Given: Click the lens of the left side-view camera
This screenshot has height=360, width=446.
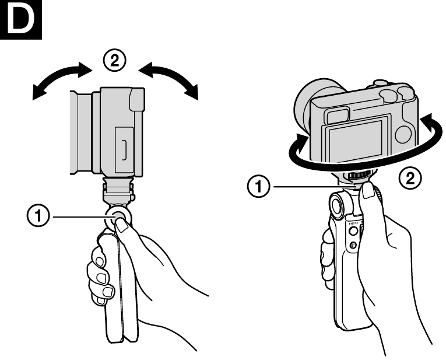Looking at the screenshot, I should [x=82, y=131].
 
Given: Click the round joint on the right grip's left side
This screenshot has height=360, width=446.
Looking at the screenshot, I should [x=338, y=205].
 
